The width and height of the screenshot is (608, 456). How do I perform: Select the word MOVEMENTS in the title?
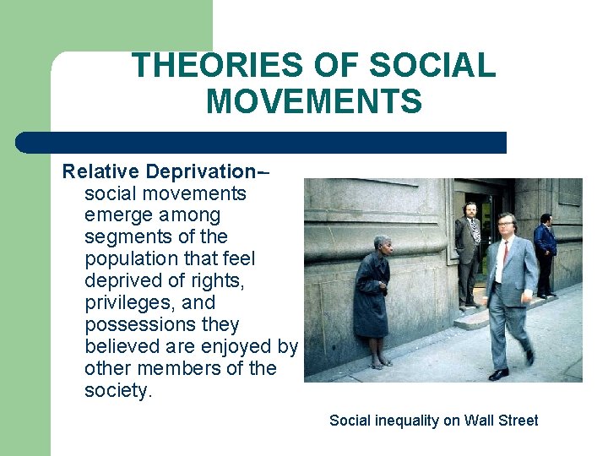pos(313,102)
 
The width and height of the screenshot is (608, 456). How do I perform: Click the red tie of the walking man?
pos(505,252)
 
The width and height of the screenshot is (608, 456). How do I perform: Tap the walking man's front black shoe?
pos(498,373)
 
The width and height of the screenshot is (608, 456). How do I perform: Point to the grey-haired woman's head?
pos(382,242)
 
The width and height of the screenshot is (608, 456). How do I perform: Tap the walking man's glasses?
pos(506,225)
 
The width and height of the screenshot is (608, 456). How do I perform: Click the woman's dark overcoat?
pos(371,296)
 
